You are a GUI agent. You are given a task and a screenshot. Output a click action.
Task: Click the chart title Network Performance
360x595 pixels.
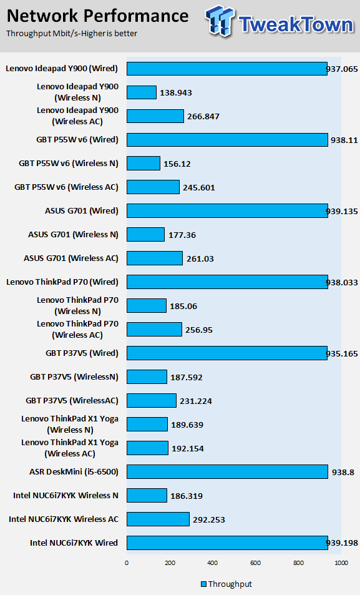pyautogui.click(x=97, y=16)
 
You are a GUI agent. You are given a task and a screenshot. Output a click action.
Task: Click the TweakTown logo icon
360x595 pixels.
pyautogui.click(x=220, y=21)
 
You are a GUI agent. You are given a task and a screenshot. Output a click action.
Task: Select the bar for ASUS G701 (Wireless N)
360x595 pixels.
pyautogui.click(x=145, y=235)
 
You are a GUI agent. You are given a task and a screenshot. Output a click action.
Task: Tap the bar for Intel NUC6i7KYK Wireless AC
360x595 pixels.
pyautogui.click(x=158, y=519)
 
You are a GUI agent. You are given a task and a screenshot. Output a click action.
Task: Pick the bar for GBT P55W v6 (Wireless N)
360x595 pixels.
pyautogui.click(x=144, y=163)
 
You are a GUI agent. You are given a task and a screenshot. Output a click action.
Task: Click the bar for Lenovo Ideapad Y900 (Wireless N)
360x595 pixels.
pyautogui.click(x=142, y=92)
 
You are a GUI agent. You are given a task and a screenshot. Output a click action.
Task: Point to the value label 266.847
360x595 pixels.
pyautogui.click(x=203, y=117)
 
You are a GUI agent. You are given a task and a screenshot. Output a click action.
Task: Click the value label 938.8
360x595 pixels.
pyautogui.click(x=343, y=472)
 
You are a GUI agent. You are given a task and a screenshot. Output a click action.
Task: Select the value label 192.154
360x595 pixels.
pyautogui.click(x=187, y=448)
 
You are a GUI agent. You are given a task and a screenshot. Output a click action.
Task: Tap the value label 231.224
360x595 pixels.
pyautogui.click(x=196, y=401)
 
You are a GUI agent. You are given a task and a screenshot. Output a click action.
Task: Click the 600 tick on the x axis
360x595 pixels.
pyautogui.click(x=255, y=563)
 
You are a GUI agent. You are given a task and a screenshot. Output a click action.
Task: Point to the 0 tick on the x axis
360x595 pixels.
pyautogui.click(x=127, y=563)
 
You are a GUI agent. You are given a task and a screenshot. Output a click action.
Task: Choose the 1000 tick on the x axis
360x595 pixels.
pyautogui.click(x=341, y=563)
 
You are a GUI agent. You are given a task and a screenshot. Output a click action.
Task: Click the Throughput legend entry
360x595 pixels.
pyautogui.click(x=226, y=584)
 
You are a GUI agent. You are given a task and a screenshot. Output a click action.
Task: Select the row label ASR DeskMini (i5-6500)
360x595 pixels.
pyautogui.click(x=74, y=471)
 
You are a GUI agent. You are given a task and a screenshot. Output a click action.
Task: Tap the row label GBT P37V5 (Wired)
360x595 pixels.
pyautogui.click(x=82, y=353)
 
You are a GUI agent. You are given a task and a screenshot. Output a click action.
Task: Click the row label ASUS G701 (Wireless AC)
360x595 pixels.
pyautogui.click(x=71, y=258)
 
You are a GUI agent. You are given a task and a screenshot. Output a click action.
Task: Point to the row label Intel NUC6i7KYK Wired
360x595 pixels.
pyautogui.click(x=74, y=543)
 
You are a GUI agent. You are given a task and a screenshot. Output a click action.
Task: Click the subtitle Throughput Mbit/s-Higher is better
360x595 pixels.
pyautogui.click(x=72, y=33)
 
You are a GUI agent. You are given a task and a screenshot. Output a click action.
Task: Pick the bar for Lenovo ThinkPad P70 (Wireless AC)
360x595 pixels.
pyautogui.click(x=154, y=330)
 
